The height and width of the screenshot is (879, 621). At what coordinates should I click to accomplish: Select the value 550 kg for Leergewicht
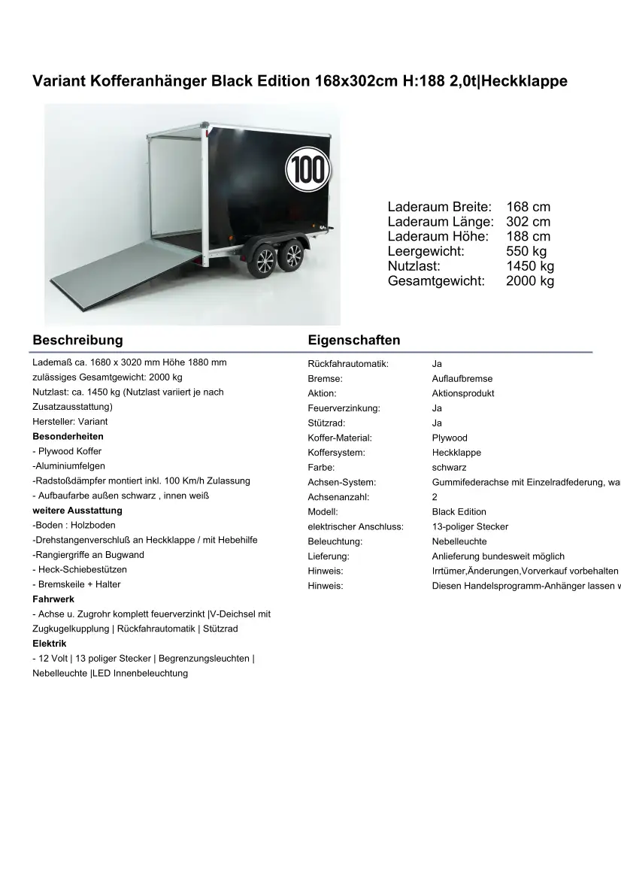tap(526, 251)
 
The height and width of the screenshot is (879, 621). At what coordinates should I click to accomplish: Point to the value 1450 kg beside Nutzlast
tap(530, 266)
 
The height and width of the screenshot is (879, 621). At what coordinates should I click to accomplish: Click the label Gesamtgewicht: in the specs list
tap(436, 281)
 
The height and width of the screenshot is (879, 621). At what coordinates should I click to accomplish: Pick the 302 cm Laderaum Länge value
tap(528, 222)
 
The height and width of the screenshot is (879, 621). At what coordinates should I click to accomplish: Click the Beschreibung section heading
tap(77, 340)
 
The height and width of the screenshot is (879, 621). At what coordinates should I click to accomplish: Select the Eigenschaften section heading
tap(353, 340)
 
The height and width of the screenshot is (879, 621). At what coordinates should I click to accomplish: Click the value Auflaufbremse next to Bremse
tap(462, 379)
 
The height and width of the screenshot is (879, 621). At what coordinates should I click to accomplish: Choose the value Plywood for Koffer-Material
tap(450, 438)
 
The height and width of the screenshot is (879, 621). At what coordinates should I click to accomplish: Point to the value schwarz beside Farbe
tap(449, 468)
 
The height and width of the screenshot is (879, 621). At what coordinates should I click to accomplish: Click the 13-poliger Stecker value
tap(470, 527)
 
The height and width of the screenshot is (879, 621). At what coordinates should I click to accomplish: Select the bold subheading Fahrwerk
tap(53, 599)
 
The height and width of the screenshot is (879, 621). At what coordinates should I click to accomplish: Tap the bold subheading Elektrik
tap(50, 644)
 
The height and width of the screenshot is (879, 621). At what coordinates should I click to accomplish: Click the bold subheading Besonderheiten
tap(68, 437)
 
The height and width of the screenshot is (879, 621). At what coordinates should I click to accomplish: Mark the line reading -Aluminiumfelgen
tap(68, 466)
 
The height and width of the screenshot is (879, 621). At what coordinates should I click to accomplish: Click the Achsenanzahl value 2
tap(435, 497)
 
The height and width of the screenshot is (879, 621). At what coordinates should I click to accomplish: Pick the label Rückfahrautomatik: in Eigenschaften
tap(348, 364)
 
